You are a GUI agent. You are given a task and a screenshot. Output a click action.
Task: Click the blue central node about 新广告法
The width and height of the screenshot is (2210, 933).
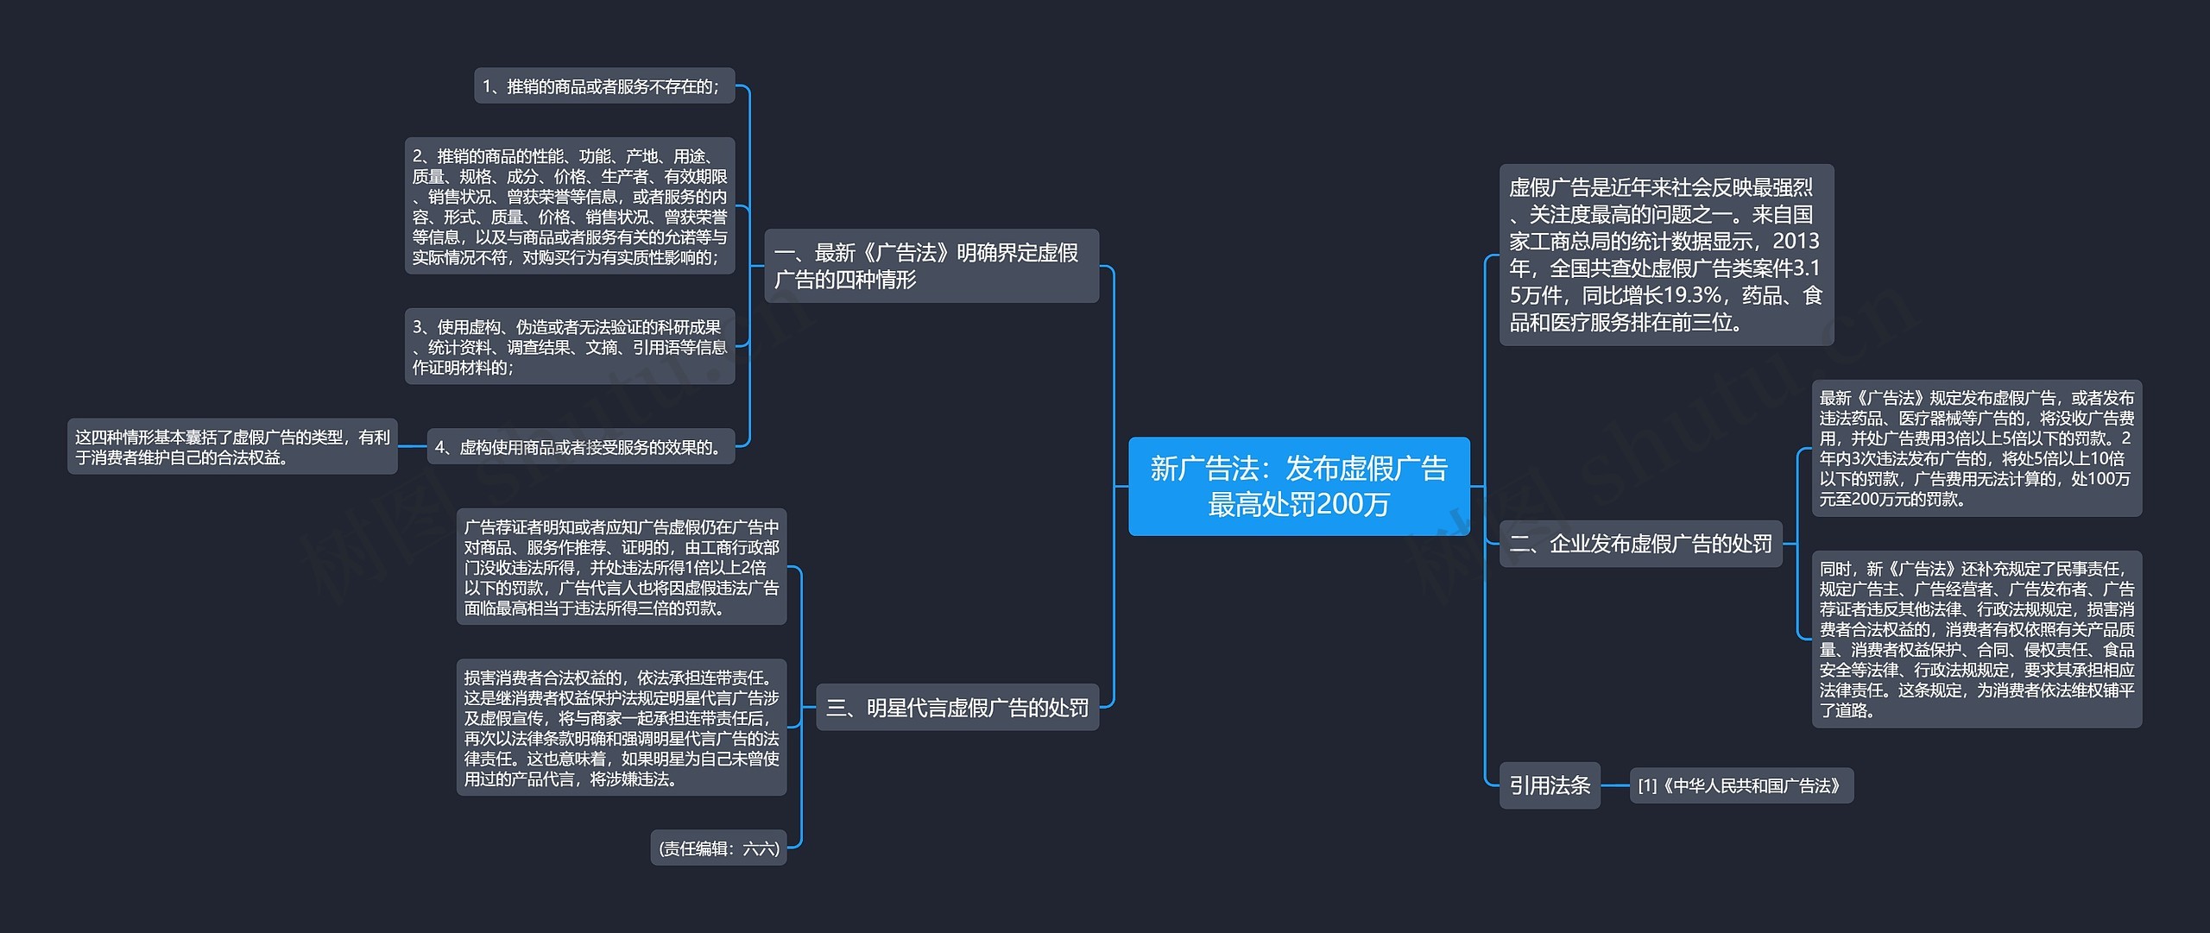pos(1298,486)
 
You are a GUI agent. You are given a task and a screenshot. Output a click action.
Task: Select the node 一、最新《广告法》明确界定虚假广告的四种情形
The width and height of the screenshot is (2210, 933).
pos(931,266)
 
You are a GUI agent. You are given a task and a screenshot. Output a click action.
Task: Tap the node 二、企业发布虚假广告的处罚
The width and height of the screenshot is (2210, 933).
pos(1640,544)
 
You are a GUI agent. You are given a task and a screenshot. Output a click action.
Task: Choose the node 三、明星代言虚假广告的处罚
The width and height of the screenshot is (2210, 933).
pos(957,708)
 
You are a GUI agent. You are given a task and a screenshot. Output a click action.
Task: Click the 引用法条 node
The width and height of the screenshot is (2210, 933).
pos(1550,785)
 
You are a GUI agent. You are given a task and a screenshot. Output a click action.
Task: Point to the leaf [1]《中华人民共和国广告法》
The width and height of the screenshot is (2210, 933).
pos(1741,785)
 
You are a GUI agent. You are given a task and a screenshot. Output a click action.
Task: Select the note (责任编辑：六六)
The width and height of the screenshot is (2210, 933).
pos(718,848)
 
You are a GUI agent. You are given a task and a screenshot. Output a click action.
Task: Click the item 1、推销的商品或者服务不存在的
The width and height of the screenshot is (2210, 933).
pos(604,86)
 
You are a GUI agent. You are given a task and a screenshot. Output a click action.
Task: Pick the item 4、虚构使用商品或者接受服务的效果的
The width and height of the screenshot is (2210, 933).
pos(581,447)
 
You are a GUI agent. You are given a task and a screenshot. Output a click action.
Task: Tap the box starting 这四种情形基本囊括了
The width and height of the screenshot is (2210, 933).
pos(232,447)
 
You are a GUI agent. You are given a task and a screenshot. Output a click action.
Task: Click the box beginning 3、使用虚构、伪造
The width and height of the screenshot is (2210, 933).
pos(570,347)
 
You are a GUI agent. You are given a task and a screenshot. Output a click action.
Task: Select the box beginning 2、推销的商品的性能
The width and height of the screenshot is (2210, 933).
pos(570,206)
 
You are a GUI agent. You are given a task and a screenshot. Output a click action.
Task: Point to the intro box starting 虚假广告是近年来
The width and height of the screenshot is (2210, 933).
pos(1666,255)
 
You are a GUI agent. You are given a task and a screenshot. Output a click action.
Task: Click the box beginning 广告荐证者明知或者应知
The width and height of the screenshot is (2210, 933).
pos(622,567)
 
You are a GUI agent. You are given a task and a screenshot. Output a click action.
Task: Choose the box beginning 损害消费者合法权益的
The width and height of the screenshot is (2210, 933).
pos(622,728)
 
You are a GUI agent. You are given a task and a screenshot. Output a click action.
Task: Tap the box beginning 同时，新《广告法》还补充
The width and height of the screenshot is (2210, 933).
pos(1977,640)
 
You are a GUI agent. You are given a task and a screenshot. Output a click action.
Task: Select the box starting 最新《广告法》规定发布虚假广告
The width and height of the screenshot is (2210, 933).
pos(1977,448)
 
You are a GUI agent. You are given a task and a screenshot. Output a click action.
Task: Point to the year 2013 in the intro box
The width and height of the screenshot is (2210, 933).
pos(1796,241)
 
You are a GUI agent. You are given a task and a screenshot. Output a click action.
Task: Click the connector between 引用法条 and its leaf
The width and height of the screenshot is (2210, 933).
pos(1615,785)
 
